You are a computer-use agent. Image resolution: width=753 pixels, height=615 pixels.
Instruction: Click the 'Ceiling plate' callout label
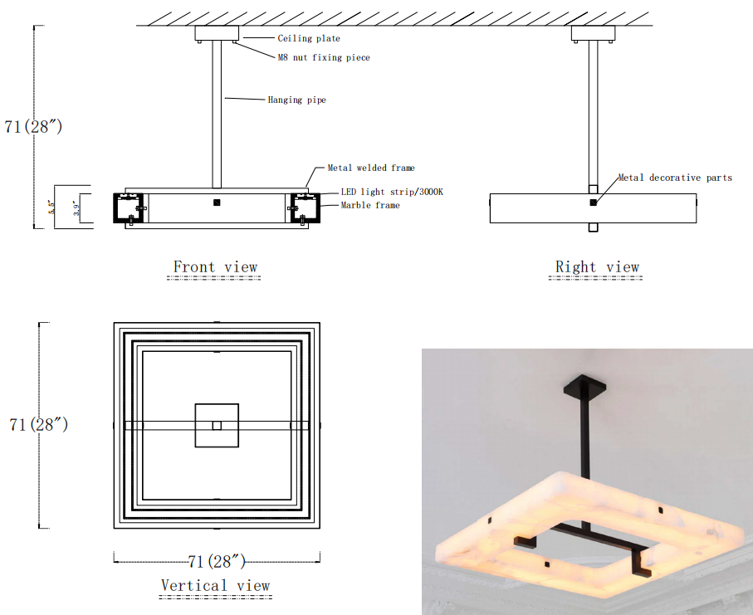click(x=309, y=38)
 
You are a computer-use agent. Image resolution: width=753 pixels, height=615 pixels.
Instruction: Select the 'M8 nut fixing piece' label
click(x=324, y=57)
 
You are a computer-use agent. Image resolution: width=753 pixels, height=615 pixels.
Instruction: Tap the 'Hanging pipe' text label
click(x=296, y=100)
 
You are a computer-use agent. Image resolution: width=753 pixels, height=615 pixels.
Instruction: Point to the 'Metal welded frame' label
click(x=371, y=168)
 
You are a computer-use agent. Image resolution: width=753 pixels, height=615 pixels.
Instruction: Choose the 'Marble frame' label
click(x=369, y=205)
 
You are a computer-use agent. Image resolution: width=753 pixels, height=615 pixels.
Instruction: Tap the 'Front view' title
click(x=215, y=267)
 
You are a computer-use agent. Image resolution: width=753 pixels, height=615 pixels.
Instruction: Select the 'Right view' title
click(x=597, y=267)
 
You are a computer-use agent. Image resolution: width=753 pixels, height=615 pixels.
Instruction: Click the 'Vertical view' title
click(x=215, y=585)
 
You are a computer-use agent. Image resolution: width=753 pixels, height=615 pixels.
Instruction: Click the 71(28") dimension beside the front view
click(x=33, y=127)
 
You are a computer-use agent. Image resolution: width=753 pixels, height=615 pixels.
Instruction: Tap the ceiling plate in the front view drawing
click(x=217, y=34)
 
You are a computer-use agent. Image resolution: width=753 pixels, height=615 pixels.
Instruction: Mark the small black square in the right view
click(x=593, y=203)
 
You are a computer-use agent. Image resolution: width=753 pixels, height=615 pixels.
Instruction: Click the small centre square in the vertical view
click(x=217, y=426)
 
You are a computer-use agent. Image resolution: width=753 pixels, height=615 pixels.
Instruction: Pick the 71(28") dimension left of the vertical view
click(x=38, y=424)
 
